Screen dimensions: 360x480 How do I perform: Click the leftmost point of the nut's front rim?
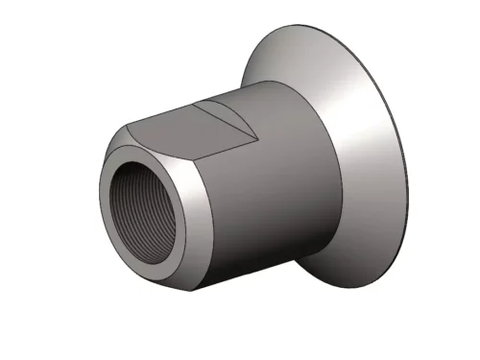98,197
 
